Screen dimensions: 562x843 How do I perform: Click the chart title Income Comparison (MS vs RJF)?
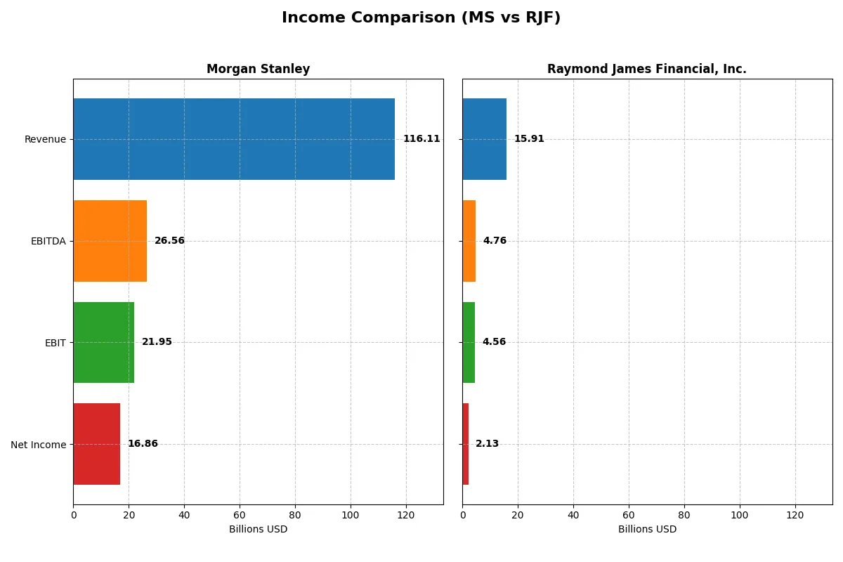[x=421, y=18]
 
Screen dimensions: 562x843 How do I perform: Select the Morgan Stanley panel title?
[x=258, y=69]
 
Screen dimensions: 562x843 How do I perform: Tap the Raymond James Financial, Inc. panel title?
[x=646, y=69]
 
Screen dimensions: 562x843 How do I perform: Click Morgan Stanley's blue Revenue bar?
[x=234, y=139]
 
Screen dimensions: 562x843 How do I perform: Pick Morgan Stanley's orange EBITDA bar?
[x=110, y=241]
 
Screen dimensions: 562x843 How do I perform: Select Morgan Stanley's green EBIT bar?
[x=103, y=342]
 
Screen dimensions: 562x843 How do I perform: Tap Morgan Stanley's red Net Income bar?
[x=96, y=444]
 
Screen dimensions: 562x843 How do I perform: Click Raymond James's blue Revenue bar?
[x=484, y=139]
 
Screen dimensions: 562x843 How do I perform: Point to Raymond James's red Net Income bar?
[x=466, y=444]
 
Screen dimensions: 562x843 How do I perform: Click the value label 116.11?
[x=421, y=139]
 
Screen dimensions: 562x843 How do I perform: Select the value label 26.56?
[x=169, y=241]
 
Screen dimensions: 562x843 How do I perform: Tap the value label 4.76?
[x=495, y=241]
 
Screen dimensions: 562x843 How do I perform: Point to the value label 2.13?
[x=487, y=444]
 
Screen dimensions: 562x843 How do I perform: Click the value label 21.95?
[x=157, y=342]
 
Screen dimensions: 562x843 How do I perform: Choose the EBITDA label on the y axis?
[x=48, y=241]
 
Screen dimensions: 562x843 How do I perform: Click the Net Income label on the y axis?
[x=38, y=445]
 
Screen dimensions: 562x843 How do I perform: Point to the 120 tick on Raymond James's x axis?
[x=795, y=515]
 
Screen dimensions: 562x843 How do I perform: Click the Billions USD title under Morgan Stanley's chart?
[x=258, y=530]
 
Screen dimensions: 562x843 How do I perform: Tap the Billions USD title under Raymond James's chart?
[x=647, y=530]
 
